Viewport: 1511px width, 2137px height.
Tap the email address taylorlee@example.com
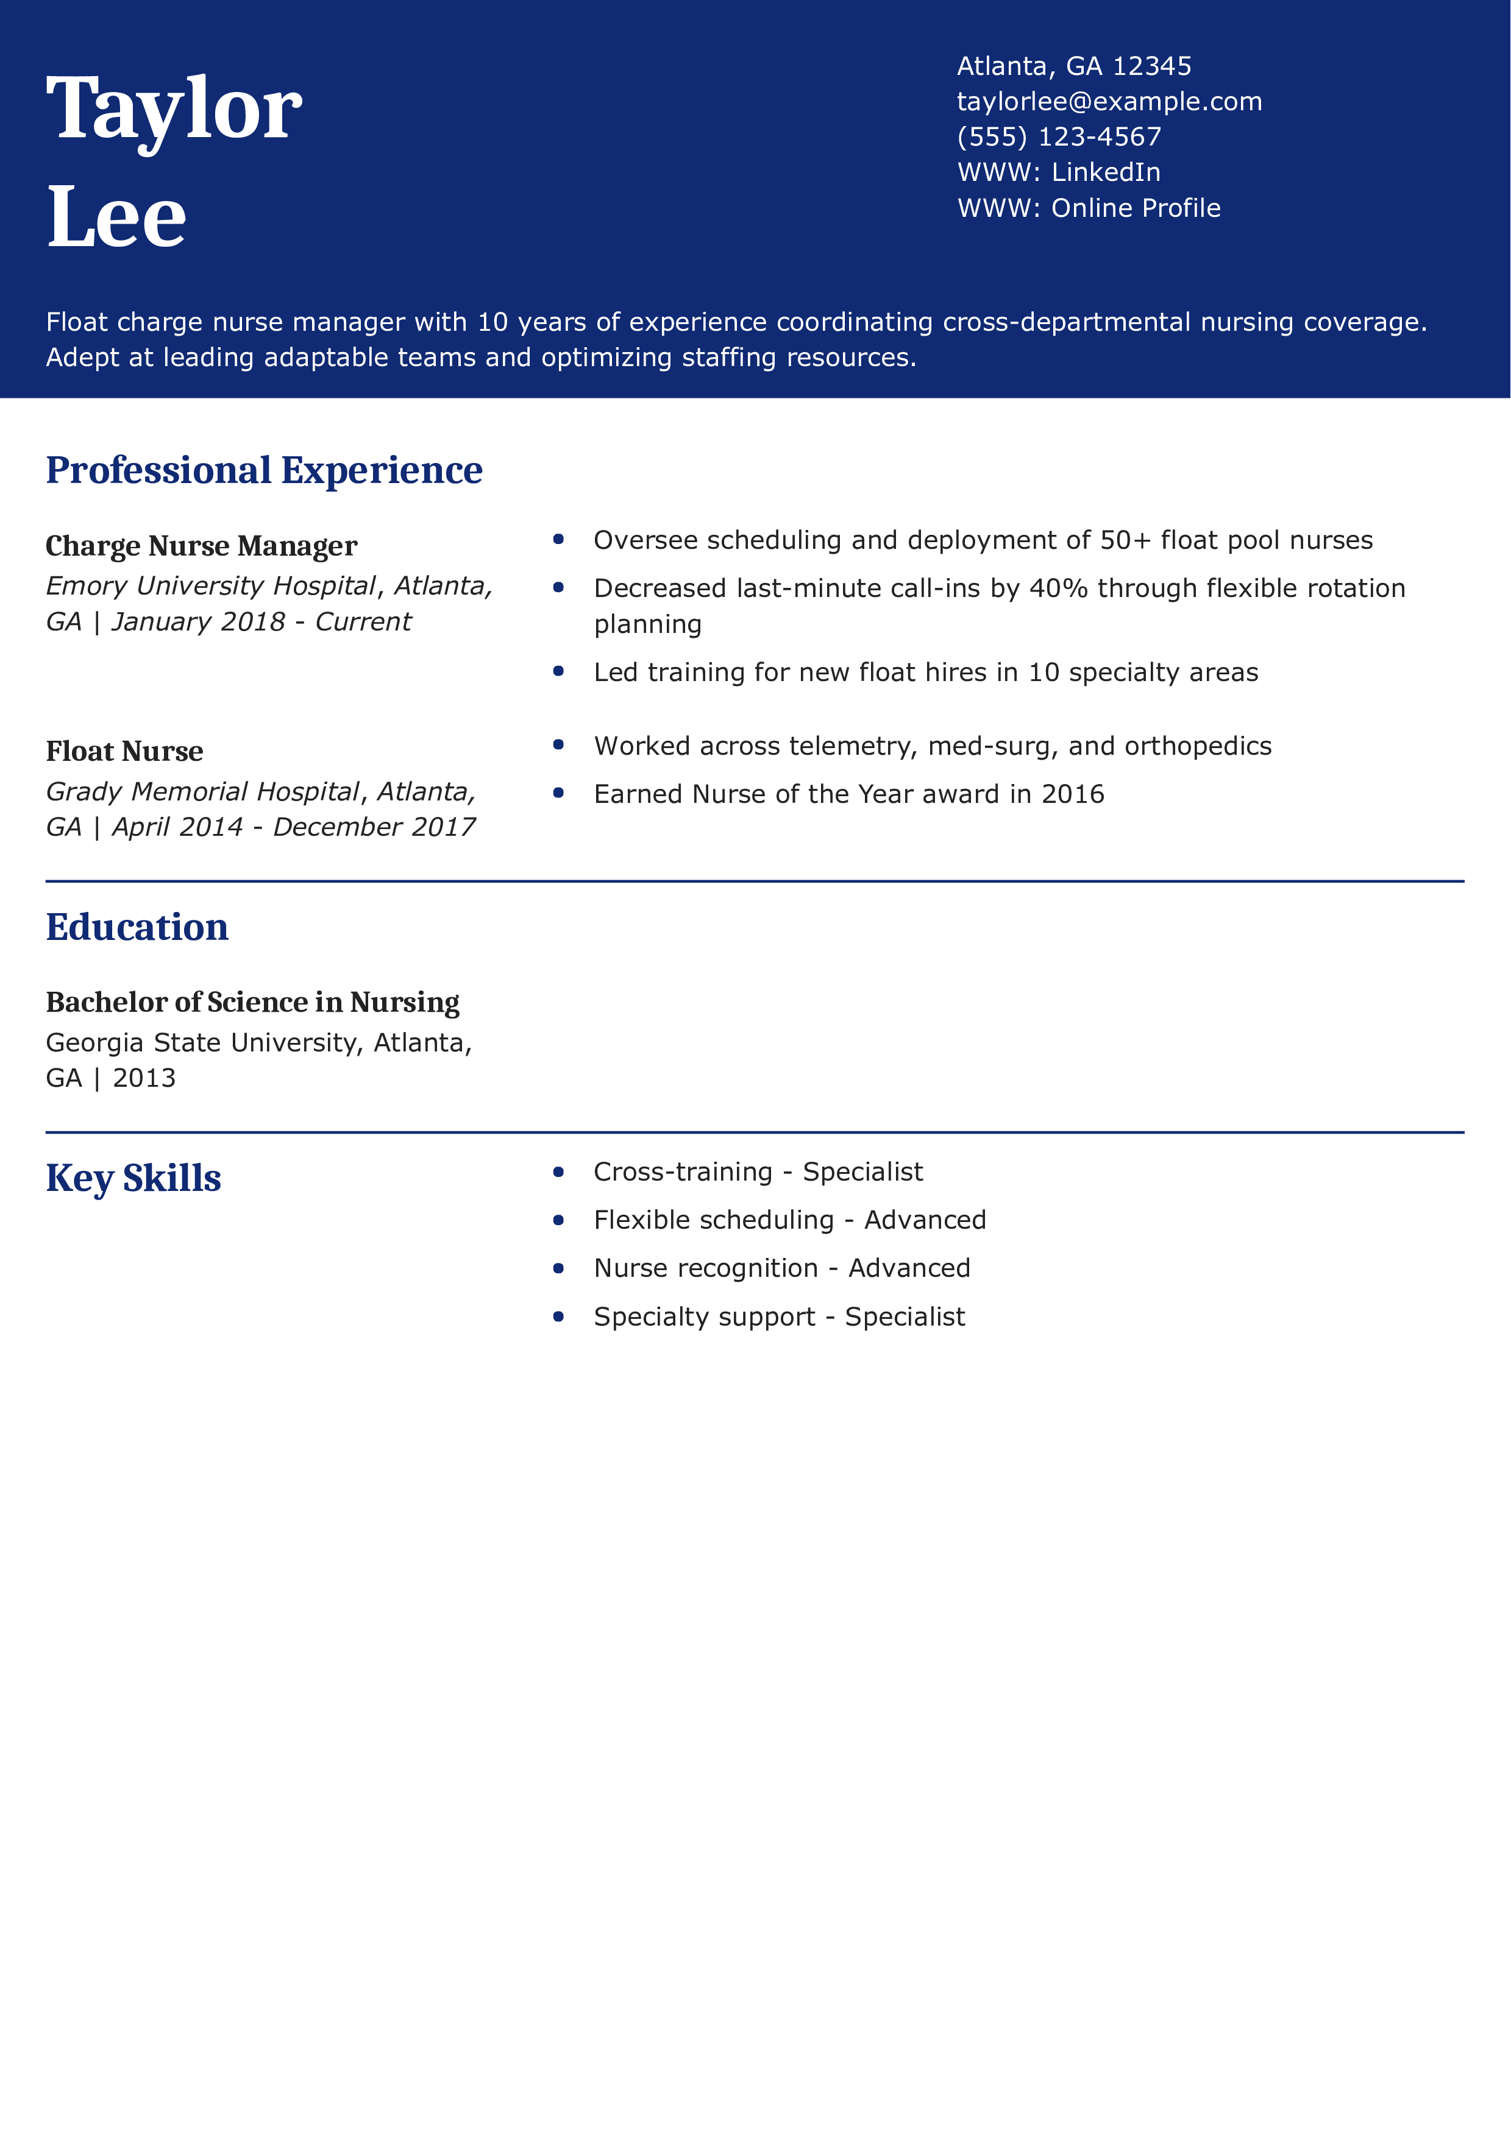click(1109, 102)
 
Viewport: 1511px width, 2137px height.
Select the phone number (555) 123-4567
click(1059, 137)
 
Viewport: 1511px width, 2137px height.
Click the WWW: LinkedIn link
click(1059, 172)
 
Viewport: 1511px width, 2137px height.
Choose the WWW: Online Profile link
click(1089, 208)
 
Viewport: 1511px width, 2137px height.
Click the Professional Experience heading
click(265, 470)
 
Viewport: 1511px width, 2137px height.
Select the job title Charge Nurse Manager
click(201, 545)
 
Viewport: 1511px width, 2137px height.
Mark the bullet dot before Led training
click(558, 672)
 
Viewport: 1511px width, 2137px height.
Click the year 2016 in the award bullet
click(1073, 794)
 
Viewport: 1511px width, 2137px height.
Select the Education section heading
click(137, 927)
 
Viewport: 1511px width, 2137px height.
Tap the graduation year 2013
click(144, 1078)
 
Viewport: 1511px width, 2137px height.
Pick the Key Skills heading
click(133, 1178)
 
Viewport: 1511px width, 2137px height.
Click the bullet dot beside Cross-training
click(558, 1172)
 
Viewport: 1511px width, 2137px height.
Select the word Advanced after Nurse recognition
click(909, 1268)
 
